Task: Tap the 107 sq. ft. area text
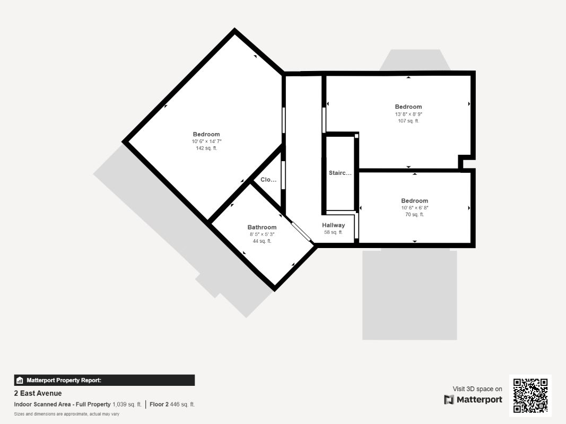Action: [408, 121]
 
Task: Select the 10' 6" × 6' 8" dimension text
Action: [414, 208]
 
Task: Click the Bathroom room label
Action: [262, 227]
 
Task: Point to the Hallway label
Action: [333, 225]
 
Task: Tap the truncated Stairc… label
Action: [340, 173]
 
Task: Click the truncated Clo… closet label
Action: [268, 180]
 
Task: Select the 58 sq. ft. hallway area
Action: [333, 232]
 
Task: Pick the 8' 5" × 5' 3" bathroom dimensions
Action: [262, 234]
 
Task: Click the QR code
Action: [530, 396]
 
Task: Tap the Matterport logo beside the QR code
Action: [473, 400]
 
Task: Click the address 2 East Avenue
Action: [38, 393]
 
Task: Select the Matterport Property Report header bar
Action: [104, 380]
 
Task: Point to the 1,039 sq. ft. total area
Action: [127, 404]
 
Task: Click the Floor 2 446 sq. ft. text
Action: [172, 404]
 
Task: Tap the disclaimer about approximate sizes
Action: [66, 414]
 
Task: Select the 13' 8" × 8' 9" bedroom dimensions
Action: [408, 114]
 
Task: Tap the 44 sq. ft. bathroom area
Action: [262, 241]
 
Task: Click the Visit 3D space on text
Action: [477, 389]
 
